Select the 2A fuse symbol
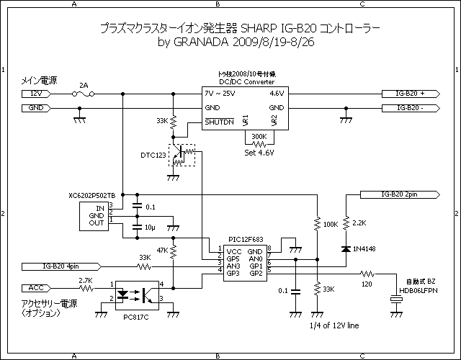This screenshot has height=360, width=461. (83, 94)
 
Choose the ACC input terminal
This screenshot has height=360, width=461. (37, 288)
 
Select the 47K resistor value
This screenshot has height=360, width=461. (162, 251)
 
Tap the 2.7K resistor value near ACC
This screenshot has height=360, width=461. (84, 280)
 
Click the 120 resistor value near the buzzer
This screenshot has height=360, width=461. (368, 285)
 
